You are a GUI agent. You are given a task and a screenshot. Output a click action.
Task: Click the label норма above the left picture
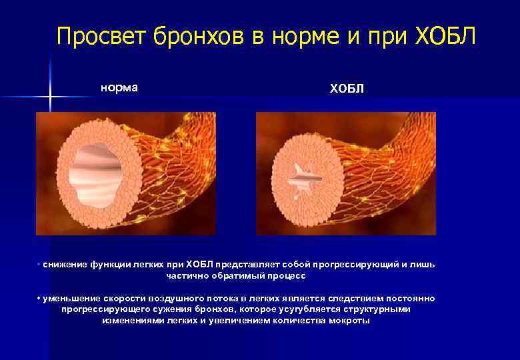pyautogui.click(x=119, y=87)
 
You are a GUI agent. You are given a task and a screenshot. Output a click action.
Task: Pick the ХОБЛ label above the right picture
pyautogui.click(x=347, y=89)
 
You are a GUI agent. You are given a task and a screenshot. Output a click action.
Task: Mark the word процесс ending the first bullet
pyautogui.click(x=289, y=275)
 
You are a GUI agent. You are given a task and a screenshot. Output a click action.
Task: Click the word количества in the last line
pyautogui.click(x=296, y=321)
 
